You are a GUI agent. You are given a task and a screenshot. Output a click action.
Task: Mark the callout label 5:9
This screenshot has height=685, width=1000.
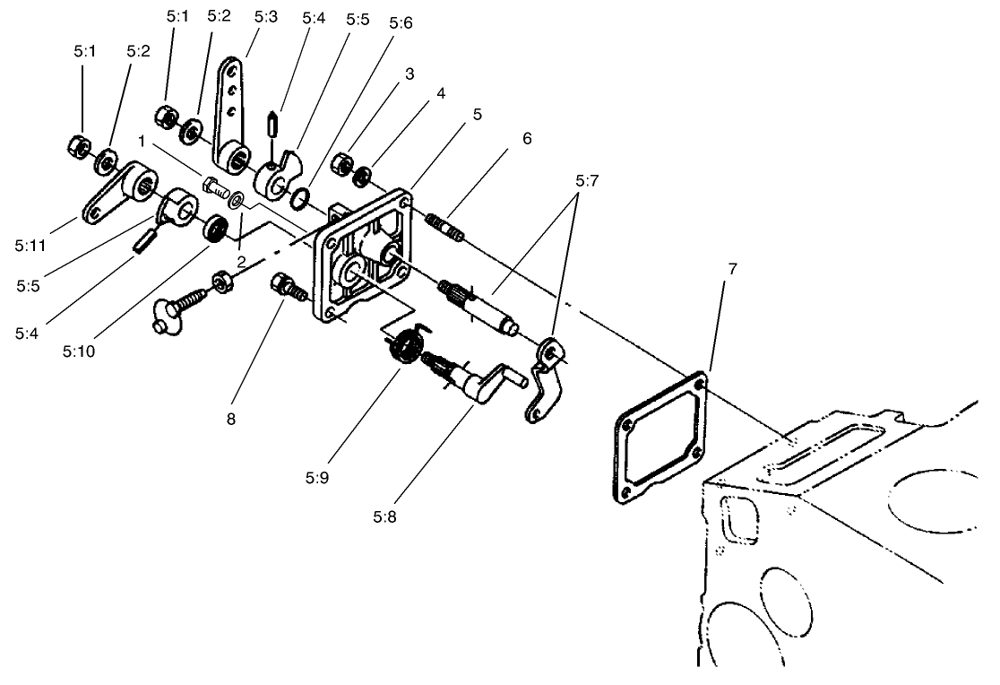click(x=317, y=476)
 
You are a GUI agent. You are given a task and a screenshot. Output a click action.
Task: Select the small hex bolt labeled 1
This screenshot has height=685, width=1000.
click(x=217, y=188)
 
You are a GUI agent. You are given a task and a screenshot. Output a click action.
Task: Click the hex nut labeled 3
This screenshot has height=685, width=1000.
click(x=341, y=164)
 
